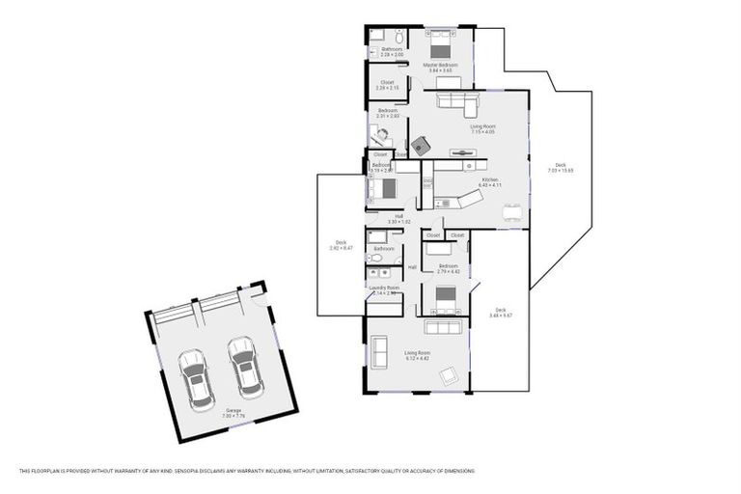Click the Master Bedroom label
point(440,68)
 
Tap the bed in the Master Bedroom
point(440,48)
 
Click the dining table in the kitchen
point(510,209)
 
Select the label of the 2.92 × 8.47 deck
point(341,245)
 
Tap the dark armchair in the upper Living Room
point(422,146)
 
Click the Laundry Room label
point(383,288)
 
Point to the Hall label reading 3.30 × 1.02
point(392,218)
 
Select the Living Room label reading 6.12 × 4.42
point(417,355)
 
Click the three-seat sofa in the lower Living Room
point(443,327)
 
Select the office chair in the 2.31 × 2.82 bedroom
point(379,137)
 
